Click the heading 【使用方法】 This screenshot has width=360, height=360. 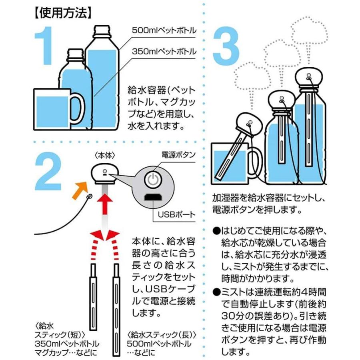(62, 13)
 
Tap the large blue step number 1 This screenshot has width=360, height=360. (44, 46)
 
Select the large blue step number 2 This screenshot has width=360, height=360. (48, 171)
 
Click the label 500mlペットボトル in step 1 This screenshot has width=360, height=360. (164, 30)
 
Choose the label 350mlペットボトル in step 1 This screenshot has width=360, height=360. (164, 52)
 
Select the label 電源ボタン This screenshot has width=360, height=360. (178, 155)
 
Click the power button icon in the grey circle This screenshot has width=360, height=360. (153, 179)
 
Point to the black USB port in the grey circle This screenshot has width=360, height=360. (153, 197)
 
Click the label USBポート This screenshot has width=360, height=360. (176, 214)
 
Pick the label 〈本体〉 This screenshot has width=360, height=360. (104, 156)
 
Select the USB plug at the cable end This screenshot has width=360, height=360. (90, 196)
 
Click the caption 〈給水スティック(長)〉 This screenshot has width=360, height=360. (162, 335)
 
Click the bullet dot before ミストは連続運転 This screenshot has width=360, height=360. (216, 292)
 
